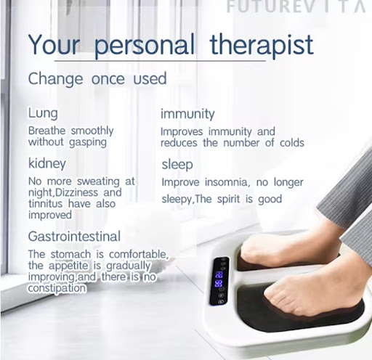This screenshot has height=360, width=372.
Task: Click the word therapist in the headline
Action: [262, 45]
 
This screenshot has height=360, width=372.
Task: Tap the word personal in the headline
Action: [145, 46]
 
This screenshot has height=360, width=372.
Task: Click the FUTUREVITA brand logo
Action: [296, 7]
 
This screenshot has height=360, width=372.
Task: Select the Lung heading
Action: [43, 113]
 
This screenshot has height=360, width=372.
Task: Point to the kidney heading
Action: [47, 164]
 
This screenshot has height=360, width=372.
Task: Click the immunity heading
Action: [187, 114]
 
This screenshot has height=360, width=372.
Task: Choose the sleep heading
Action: [177, 165]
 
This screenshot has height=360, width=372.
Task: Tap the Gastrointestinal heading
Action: [74, 237]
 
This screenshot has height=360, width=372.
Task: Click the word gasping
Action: [88, 142]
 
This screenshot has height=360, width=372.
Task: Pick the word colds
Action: [292, 143]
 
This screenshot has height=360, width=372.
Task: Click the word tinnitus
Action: [46, 203]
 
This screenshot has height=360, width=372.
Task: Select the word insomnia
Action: [227, 182]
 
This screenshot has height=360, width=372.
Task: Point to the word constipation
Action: [57, 288]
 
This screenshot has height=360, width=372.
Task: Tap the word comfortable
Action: [139, 254]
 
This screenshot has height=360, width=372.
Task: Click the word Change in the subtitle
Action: [55, 79]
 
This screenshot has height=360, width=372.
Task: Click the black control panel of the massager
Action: [219, 281]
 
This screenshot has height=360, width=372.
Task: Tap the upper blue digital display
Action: [219, 275]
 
